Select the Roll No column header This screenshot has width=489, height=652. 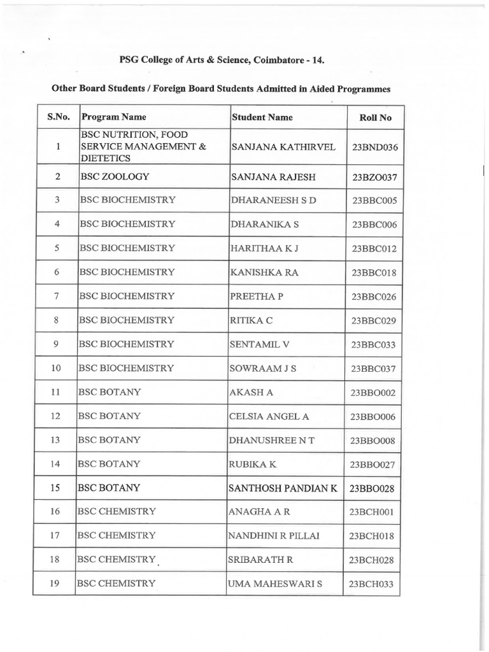[376, 118]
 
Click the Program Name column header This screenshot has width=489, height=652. [114, 117]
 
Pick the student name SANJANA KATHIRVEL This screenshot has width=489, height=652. [283, 147]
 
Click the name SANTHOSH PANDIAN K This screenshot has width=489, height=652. [282, 488]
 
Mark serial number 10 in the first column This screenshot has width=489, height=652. [57, 368]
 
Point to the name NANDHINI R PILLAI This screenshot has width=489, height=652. [274, 535]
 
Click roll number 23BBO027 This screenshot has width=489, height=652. [373, 465]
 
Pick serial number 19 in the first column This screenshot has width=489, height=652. [55, 583]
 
